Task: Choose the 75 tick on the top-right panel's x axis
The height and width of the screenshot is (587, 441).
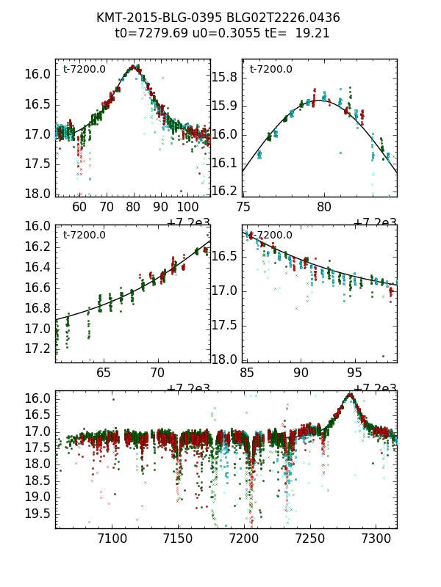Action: [x=243, y=207]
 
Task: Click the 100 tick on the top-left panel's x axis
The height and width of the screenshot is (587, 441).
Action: [x=188, y=207]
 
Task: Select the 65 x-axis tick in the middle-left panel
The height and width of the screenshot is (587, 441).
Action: [x=104, y=373]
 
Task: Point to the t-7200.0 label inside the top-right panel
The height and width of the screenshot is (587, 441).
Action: [x=270, y=70]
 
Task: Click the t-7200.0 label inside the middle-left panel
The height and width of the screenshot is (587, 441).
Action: [x=84, y=236]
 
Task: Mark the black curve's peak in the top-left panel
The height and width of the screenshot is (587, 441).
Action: [x=133, y=68]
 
